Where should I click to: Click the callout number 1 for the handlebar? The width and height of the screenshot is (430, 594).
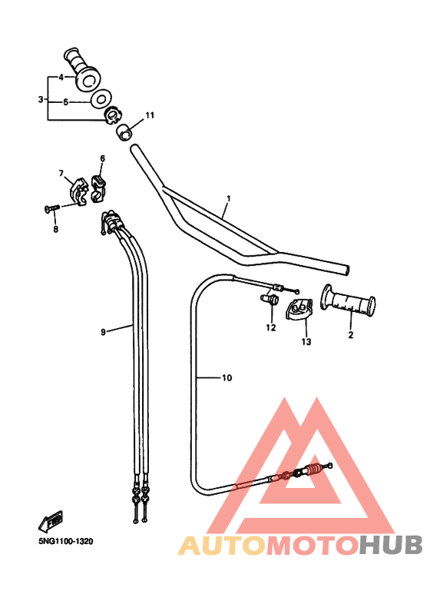click(x=228, y=198)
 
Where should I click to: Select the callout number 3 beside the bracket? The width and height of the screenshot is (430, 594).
click(x=41, y=99)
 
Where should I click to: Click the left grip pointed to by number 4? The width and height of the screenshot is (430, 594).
click(x=82, y=70)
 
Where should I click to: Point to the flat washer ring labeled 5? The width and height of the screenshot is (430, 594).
click(x=100, y=99)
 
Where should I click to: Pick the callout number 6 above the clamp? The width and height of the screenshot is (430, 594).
click(x=103, y=158)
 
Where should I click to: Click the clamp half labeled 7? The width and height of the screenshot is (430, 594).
click(x=78, y=192)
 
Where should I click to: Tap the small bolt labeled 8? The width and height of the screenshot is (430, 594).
click(x=52, y=207)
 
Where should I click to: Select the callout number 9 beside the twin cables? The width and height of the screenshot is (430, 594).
click(x=103, y=332)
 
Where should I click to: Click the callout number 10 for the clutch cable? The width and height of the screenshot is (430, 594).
click(x=227, y=378)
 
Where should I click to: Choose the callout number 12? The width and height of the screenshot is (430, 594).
click(x=271, y=327)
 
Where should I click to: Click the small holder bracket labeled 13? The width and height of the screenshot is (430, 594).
click(x=299, y=309)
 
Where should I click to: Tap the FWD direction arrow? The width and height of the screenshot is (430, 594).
click(x=51, y=520)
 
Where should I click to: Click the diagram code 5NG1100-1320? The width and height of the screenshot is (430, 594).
click(x=65, y=541)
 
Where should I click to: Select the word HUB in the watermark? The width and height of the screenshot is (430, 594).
click(x=390, y=546)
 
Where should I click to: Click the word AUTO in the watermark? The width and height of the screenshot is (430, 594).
click(x=222, y=546)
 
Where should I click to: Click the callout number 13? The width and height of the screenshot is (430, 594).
click(x=306, y=342)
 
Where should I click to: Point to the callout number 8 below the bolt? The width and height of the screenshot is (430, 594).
click(x=55, y=229)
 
